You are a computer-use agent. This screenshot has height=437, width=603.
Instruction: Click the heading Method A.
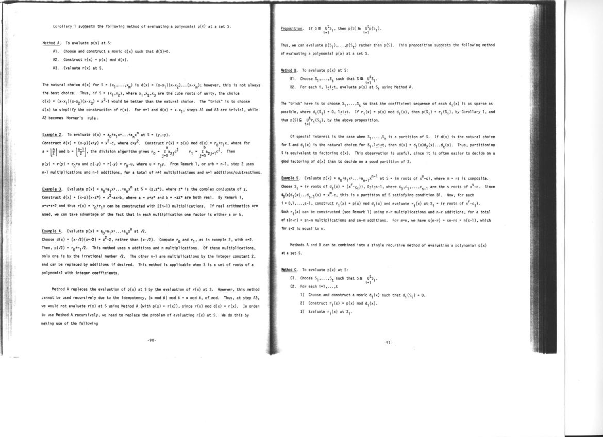click(x=52, y=43)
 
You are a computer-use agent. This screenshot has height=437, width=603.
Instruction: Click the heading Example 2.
click(x=52, y=134)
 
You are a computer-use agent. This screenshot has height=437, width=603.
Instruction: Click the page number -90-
click(x=152, y=340)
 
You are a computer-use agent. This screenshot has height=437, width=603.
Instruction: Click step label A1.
click(x=56, y=52)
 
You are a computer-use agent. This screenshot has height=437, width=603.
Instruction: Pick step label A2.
click(x=56, y=59)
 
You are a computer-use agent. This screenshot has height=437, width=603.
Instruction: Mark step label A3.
click(x=56, y=68)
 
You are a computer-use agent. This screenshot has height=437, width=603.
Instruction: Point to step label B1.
click(x=293, y=79)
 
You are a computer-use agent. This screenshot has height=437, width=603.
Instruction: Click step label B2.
click(x=293, y=87)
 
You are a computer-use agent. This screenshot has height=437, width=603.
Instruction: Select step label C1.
click(x=293, y=278)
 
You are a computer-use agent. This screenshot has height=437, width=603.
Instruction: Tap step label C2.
click(x=293, y=287)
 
